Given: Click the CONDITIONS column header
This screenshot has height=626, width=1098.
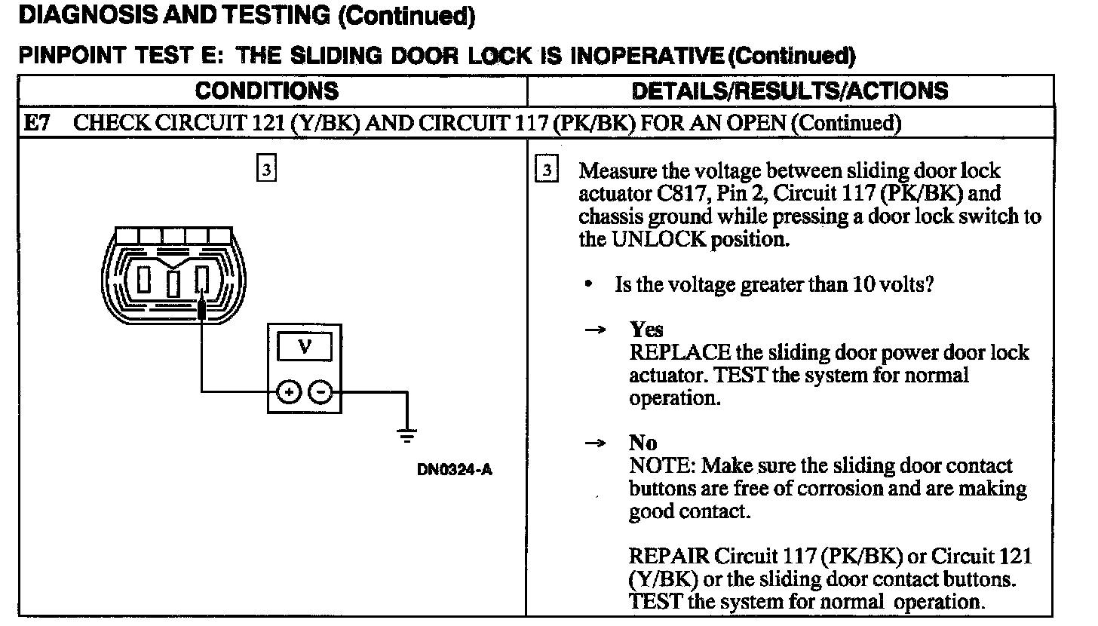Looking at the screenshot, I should pyautogui.click(x=267, y=91).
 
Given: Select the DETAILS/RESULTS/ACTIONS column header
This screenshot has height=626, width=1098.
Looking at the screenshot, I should pyautogui.click(x=790, y=91).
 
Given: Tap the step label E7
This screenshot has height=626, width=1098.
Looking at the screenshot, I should pyautogui.click(x=37, y=123).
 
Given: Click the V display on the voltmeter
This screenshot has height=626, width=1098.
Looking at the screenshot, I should pyautogui.click(x=305, y=347).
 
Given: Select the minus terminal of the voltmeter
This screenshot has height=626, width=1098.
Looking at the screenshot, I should pyautogui.click(x=320, y=392).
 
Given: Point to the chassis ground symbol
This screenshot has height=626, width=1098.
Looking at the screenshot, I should pyautogui.click(x=406, y=434).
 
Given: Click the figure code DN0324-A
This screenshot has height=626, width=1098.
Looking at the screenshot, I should pyautogui.click(x=455, y=469).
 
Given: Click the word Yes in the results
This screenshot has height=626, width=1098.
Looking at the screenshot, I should pyautogui.click(x=647, y=330).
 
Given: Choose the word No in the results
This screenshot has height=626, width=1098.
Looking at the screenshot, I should pyautogui.click(x=643, y=443).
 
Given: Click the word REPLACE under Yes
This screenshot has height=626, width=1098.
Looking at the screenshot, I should pyautogui.click(x=680, y=353).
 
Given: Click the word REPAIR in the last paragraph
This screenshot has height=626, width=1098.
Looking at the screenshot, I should pyautogui.click(x=669, y=557).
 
